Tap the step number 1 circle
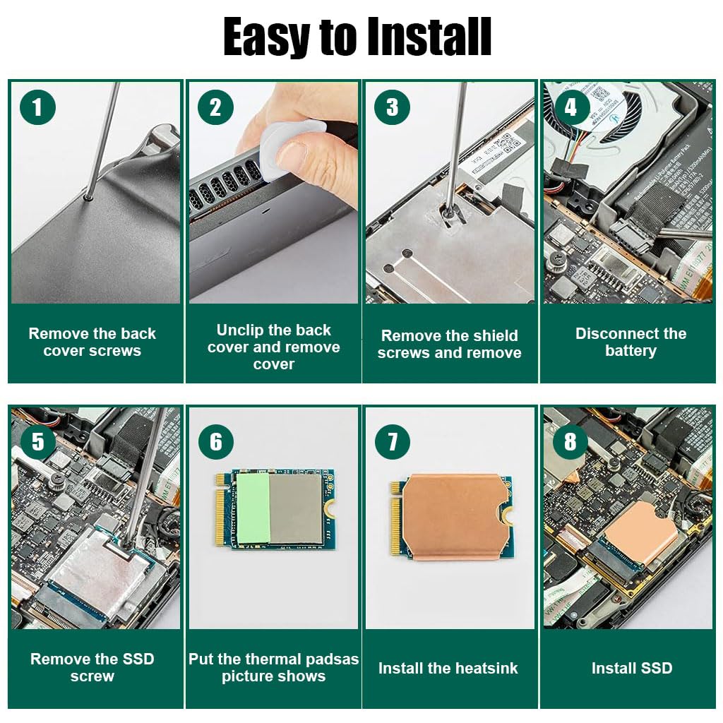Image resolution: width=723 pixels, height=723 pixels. (38, 107)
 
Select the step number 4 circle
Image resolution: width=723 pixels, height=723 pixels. (570, 107)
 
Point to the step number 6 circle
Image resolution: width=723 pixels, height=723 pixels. (216, 441)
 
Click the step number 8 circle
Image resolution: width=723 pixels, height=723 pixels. (570, 441)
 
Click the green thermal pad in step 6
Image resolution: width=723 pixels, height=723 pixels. (253, 508)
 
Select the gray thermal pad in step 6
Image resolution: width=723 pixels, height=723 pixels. (295, 508)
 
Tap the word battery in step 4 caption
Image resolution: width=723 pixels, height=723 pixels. (631, 350)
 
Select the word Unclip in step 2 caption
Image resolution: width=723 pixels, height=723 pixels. (240, 330)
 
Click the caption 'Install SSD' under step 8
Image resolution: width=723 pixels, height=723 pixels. (632, 668)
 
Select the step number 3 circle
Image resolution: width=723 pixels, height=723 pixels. (393, 107)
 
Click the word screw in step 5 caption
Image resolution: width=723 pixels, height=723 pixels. (92, 676)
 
